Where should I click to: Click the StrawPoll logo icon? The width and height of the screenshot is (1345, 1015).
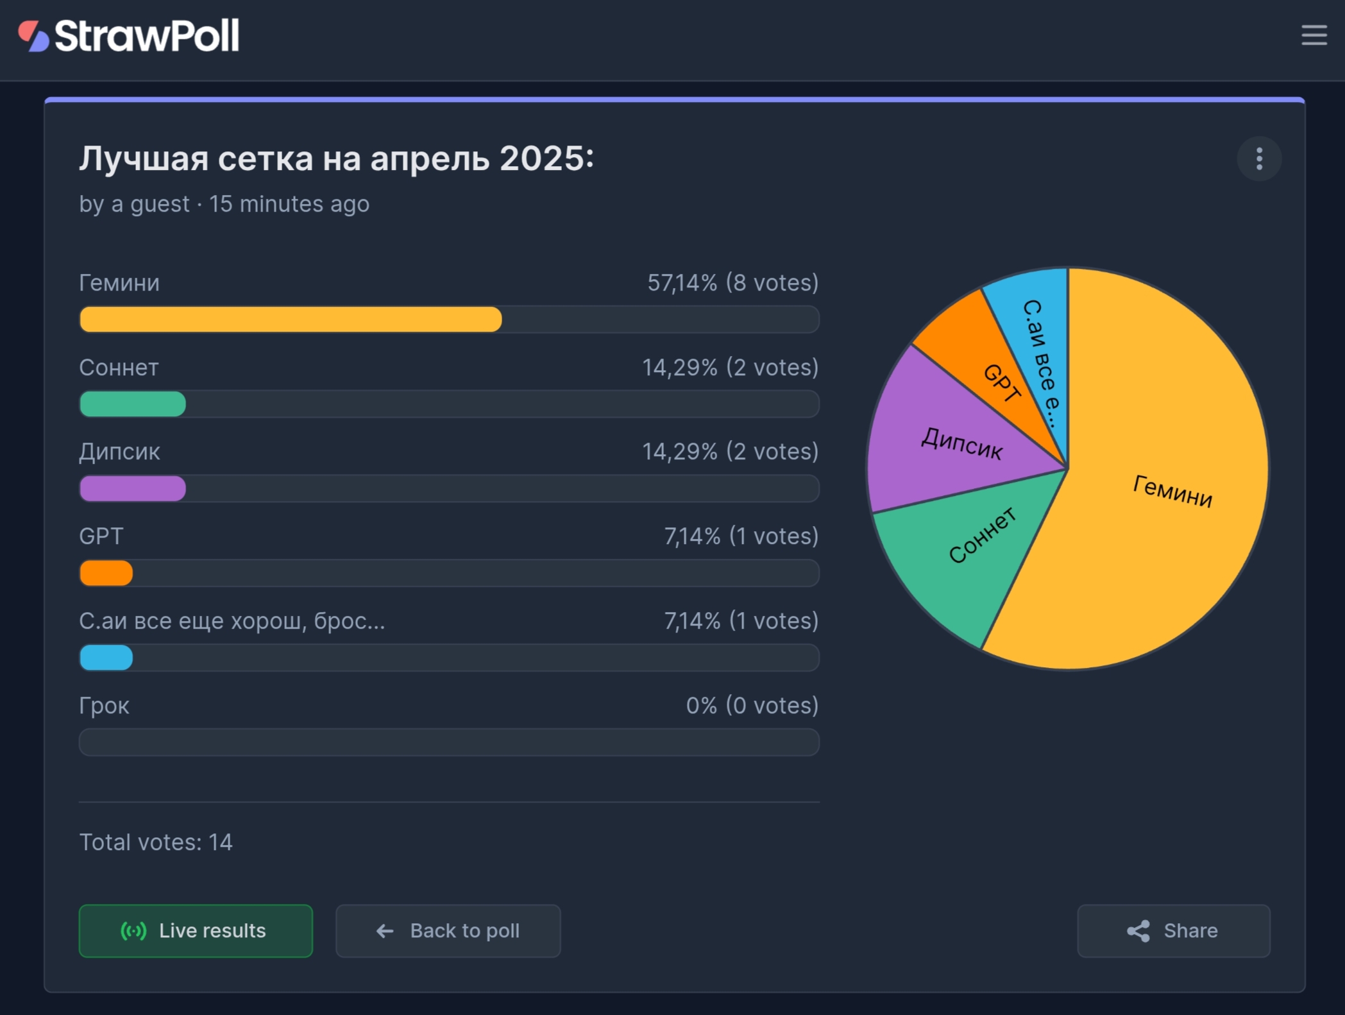point(33,36)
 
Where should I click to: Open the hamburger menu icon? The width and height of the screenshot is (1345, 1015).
point(1314,35)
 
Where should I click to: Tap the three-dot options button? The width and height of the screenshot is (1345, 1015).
point(1258,158)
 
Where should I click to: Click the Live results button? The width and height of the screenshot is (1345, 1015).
point(196,930)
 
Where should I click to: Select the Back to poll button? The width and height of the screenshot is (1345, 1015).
point(448,930)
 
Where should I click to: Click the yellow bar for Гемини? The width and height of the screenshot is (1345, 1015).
point(290,320)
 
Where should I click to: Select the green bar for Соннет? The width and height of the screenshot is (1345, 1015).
point(133,404)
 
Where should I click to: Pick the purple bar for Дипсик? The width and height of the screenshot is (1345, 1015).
point(133,489)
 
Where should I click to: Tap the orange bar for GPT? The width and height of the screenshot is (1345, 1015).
point(106,573)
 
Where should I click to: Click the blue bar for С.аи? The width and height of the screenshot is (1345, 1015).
point(106,658)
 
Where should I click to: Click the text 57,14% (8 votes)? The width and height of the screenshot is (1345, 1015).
point(732,282)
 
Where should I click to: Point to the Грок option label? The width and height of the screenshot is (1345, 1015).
point(104,705)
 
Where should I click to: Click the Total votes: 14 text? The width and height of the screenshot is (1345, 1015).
point(155,842)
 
